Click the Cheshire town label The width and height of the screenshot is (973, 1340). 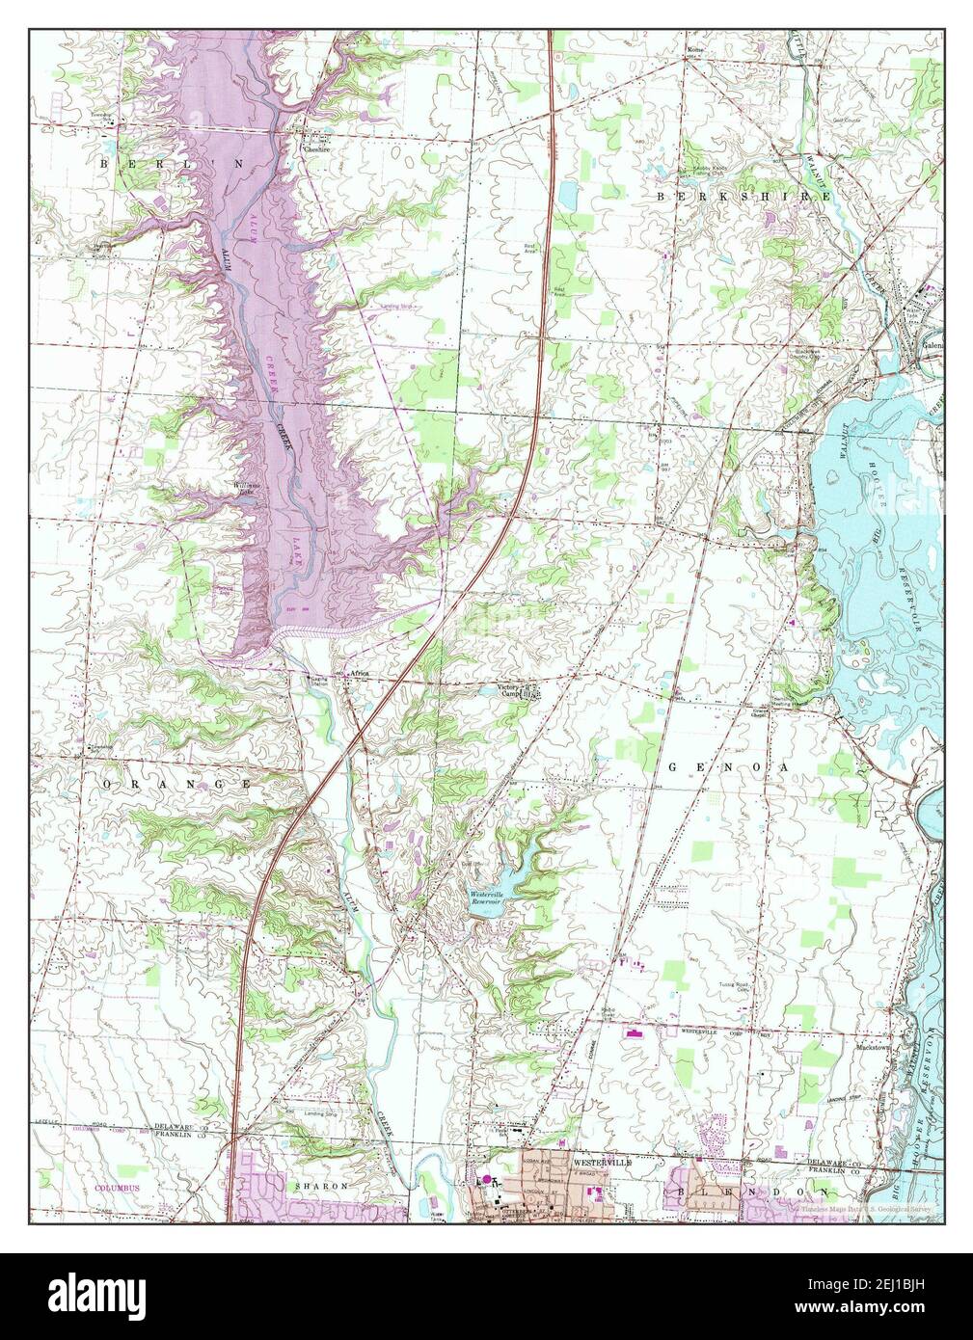[x=317, y=148]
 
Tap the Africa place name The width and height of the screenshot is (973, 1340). [x=359, y=674]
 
